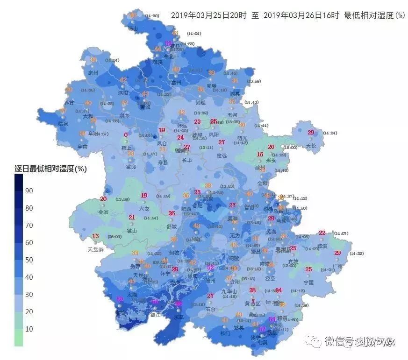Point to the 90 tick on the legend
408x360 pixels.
coord(29,191)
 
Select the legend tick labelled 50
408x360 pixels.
coord(29,260)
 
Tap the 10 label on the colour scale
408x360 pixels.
coord(29,329)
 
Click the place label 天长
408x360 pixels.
coord(311,146)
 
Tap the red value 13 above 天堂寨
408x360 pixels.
coord(95,236)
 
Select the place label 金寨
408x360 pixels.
coord(103,212)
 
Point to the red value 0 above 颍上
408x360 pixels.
coord(126,135)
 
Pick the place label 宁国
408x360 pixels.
coord(308,282)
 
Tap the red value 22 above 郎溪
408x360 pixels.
coord(322,233)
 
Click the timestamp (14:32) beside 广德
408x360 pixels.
coord(357,254)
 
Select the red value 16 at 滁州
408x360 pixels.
coord(260,155)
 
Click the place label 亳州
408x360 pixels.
coord(93,73)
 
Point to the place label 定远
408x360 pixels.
coord(222,155)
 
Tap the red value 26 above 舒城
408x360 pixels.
coord(172,213)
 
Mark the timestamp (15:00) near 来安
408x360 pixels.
coord(290,148)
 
